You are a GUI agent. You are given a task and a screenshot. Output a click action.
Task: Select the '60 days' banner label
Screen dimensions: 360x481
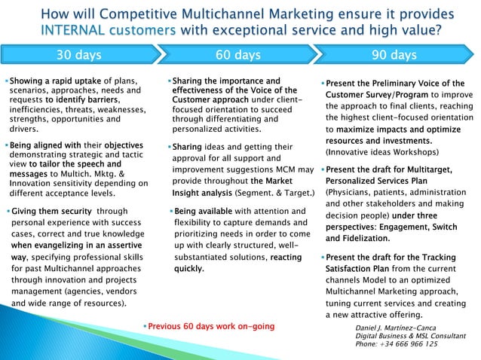coord(237,54)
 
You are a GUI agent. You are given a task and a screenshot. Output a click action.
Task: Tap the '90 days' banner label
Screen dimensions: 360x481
coord(394,54)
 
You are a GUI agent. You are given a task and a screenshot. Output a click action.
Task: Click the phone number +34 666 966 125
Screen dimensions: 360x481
coord(396,345)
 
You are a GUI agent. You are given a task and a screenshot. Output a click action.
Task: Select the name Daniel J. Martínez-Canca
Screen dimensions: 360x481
coord(395,328)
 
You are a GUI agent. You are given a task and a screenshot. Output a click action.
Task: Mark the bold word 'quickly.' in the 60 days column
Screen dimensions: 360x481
coord(189,268)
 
